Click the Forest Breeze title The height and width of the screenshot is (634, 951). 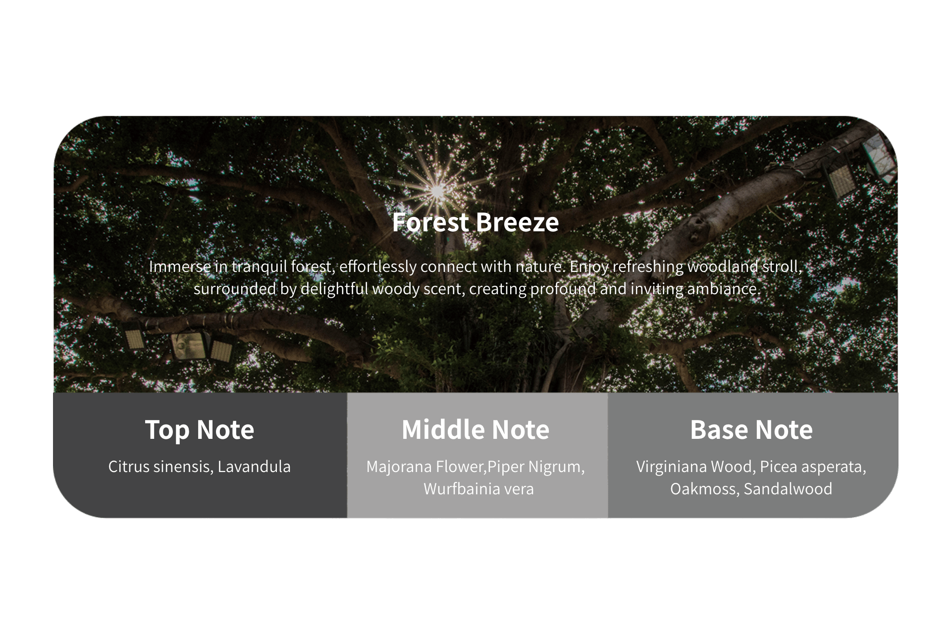(475, 222)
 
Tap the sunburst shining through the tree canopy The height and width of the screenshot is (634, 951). (437, 190)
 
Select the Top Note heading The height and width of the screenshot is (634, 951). (200, 430)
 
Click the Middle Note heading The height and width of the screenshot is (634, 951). (475, 430)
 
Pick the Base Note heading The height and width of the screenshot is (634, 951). (751, 430)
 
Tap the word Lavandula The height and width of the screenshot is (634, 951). (254, 467)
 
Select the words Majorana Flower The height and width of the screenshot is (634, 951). (424, 467)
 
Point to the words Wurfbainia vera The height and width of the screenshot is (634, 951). (478, 489)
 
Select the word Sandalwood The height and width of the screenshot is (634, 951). (788, 489)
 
